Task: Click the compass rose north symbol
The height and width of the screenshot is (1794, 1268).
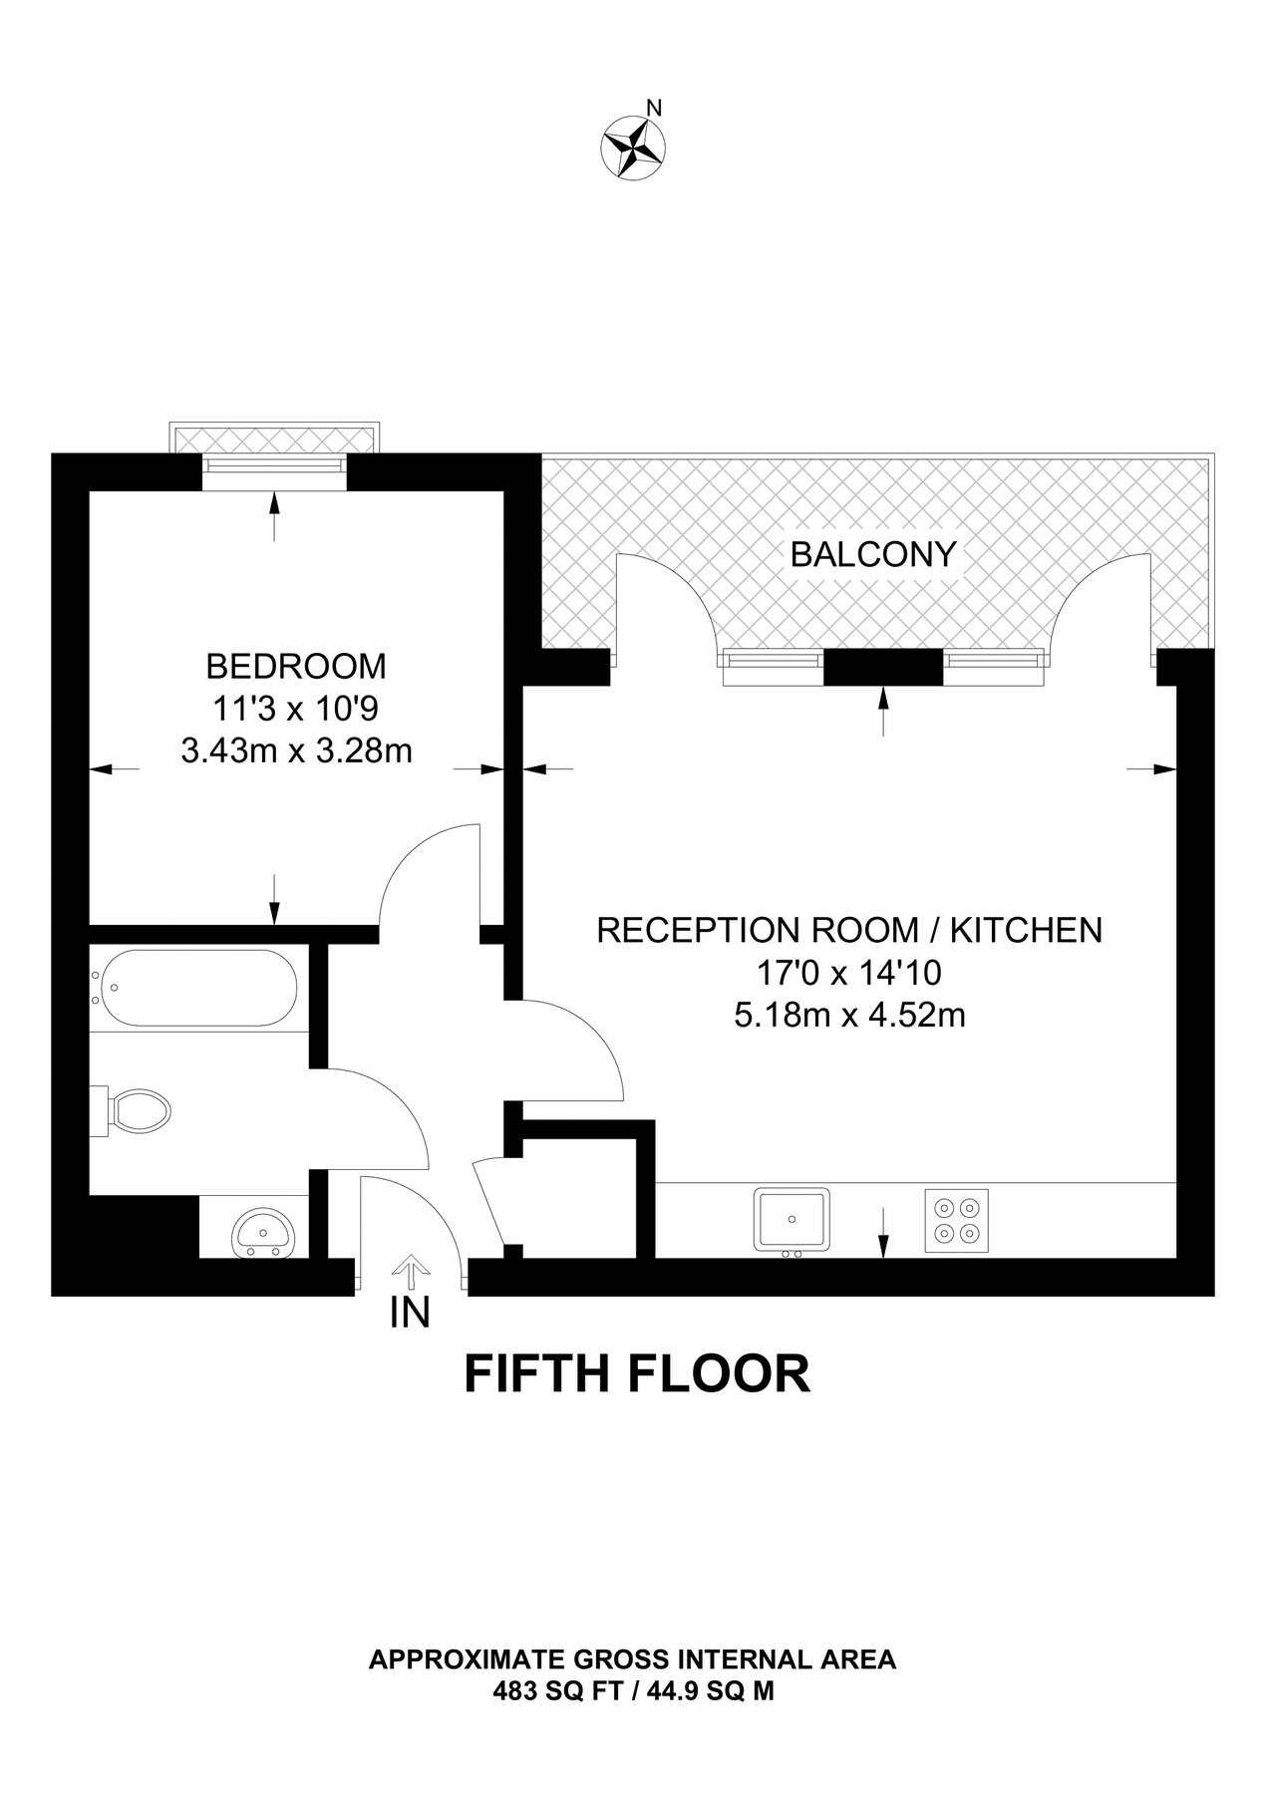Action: coord(633,148)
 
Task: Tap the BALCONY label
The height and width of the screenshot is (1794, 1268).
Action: coord(873,554)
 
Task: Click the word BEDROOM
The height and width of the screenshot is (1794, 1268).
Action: coord(296,665)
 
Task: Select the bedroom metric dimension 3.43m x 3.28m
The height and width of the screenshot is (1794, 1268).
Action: coord(296,749)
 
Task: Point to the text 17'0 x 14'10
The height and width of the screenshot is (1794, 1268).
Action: coord(849,972)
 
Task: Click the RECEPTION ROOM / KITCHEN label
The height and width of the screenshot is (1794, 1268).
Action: coord(849,930)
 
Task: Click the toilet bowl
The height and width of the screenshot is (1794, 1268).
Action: coord(139,1109)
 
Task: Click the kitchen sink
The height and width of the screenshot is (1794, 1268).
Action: coord(792,1219)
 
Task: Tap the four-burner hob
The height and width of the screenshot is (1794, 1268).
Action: coord(956,1221)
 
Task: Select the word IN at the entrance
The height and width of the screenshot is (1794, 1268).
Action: coord(410,1314)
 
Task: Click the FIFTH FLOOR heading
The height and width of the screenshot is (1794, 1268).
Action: coord(637,1373)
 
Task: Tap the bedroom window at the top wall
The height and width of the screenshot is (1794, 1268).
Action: coord(275,468)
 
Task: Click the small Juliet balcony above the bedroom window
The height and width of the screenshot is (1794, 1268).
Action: coord(275,439)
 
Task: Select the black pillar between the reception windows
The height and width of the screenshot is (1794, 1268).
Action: coord(883,667)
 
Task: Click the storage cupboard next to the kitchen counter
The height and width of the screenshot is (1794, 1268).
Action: coord(579,1190)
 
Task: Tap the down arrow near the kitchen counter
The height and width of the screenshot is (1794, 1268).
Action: coord(883,1234)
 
